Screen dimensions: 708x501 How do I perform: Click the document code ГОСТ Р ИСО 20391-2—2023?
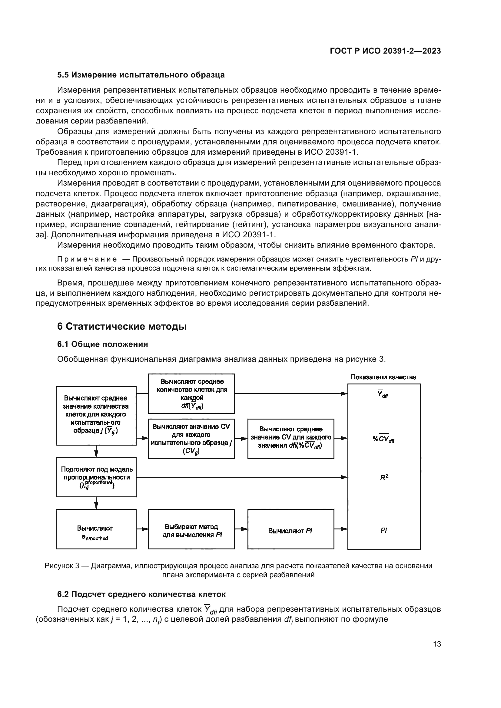click(x=385, y=51)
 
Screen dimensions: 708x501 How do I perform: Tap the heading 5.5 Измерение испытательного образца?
click(x=141, y=75)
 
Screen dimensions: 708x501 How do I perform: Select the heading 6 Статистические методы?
click(x=122, y=326)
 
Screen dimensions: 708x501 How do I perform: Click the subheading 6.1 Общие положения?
click(x=102, y=344)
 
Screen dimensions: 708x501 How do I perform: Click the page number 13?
click(x=437, y=644)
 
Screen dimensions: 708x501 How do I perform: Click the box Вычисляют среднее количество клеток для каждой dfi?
click(x=191, y=394)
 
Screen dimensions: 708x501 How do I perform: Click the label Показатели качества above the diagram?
click(x=383, y=377)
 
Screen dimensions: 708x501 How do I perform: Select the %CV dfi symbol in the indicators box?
click(x=383, y=439)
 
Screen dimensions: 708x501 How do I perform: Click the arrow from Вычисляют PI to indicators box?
click(x=340, y=529)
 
